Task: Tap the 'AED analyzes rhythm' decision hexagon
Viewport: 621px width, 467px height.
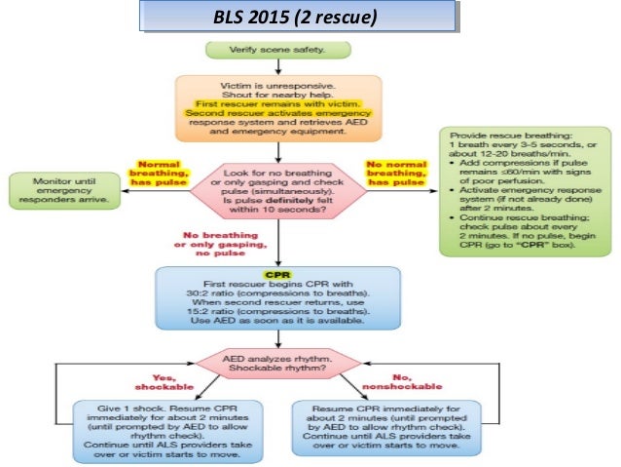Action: coord(279,364)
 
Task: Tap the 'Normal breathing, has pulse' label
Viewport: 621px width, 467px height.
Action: coord(157,172)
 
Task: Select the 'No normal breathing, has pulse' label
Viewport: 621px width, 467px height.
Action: coord(394,172)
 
